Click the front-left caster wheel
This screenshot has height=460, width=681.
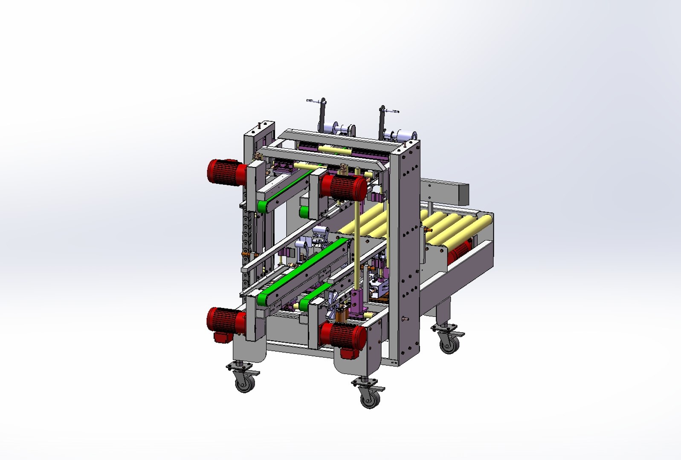pyautogui.click(x=245, y=383)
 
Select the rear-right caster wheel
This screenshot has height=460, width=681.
pyautogui.click(x=449, y=343)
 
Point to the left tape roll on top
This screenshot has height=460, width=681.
pyautogui.click(x=341, y=129)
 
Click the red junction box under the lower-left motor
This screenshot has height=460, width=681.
pyautogui.click(x=221, y=338)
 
